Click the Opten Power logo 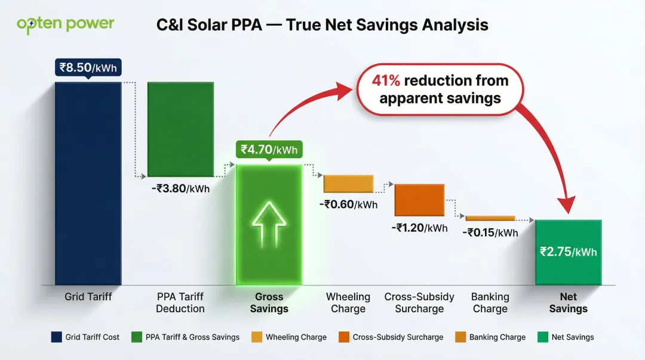tap(65, 24)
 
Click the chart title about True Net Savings tap(322, 25)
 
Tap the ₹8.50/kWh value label tap(88, 67)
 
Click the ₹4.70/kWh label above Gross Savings tap(268, 149)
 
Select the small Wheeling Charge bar tap(348, 183)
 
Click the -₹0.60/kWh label tap(348, 204)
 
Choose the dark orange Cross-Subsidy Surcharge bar tap(419, 199)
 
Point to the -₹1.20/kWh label tap(419, 227)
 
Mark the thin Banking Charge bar tap(490, 219)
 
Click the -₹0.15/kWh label tap(490, 232)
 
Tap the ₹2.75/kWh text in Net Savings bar tap(568, 251)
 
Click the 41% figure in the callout tap(386, 81)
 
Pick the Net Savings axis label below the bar tap(568, 303)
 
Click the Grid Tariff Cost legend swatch tap(56, 337)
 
